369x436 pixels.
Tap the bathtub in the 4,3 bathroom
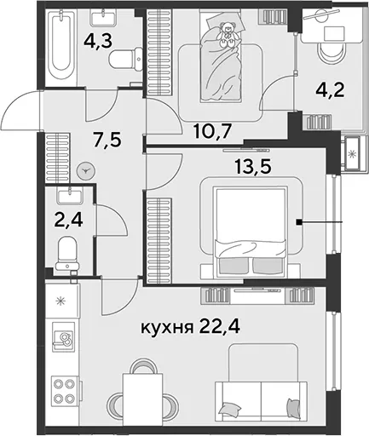pos(61,44)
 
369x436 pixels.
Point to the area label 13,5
pos(253,166)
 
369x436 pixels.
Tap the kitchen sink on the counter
pos(63,337)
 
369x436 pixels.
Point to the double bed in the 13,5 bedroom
pos(251,232)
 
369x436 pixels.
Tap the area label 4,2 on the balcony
pos(330,90)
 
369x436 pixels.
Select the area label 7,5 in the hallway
pos(107,140)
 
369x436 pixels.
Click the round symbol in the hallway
pos(86,170)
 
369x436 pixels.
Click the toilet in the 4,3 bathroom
pos(126,60)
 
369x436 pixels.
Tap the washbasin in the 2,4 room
pos(70,195)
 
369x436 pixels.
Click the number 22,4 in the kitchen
pos(220,327)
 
